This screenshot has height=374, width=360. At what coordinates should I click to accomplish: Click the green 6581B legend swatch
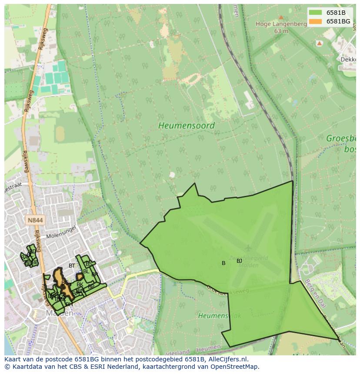point(316,13)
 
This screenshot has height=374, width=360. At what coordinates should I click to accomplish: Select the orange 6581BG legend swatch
point(316,21)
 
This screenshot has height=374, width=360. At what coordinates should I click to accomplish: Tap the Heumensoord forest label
point(186,126)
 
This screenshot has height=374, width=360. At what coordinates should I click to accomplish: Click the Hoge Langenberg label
point(282,24)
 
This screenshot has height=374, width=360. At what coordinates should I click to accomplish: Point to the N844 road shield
point(35,220)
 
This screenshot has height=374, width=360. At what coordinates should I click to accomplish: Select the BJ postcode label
point(239,261)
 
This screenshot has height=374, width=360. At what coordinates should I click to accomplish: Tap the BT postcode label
point(72,266)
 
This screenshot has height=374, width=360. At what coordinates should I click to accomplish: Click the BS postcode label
point(89,264)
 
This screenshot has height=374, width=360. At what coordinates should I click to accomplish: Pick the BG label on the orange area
point(65,283)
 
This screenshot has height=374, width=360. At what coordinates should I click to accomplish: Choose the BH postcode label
point(69,304)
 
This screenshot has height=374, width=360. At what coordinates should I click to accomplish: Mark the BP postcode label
point(91,287)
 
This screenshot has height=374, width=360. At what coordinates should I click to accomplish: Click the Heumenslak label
point(213,315)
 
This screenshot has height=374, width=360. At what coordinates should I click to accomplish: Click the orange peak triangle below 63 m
point(319,43)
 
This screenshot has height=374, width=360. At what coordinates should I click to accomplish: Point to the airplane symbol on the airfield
point(248,248)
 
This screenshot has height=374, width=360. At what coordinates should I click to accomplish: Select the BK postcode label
point(80,285)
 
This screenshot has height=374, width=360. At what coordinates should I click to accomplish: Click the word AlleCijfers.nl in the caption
point(228,359)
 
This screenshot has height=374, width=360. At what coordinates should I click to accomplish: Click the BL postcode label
point(86,271)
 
